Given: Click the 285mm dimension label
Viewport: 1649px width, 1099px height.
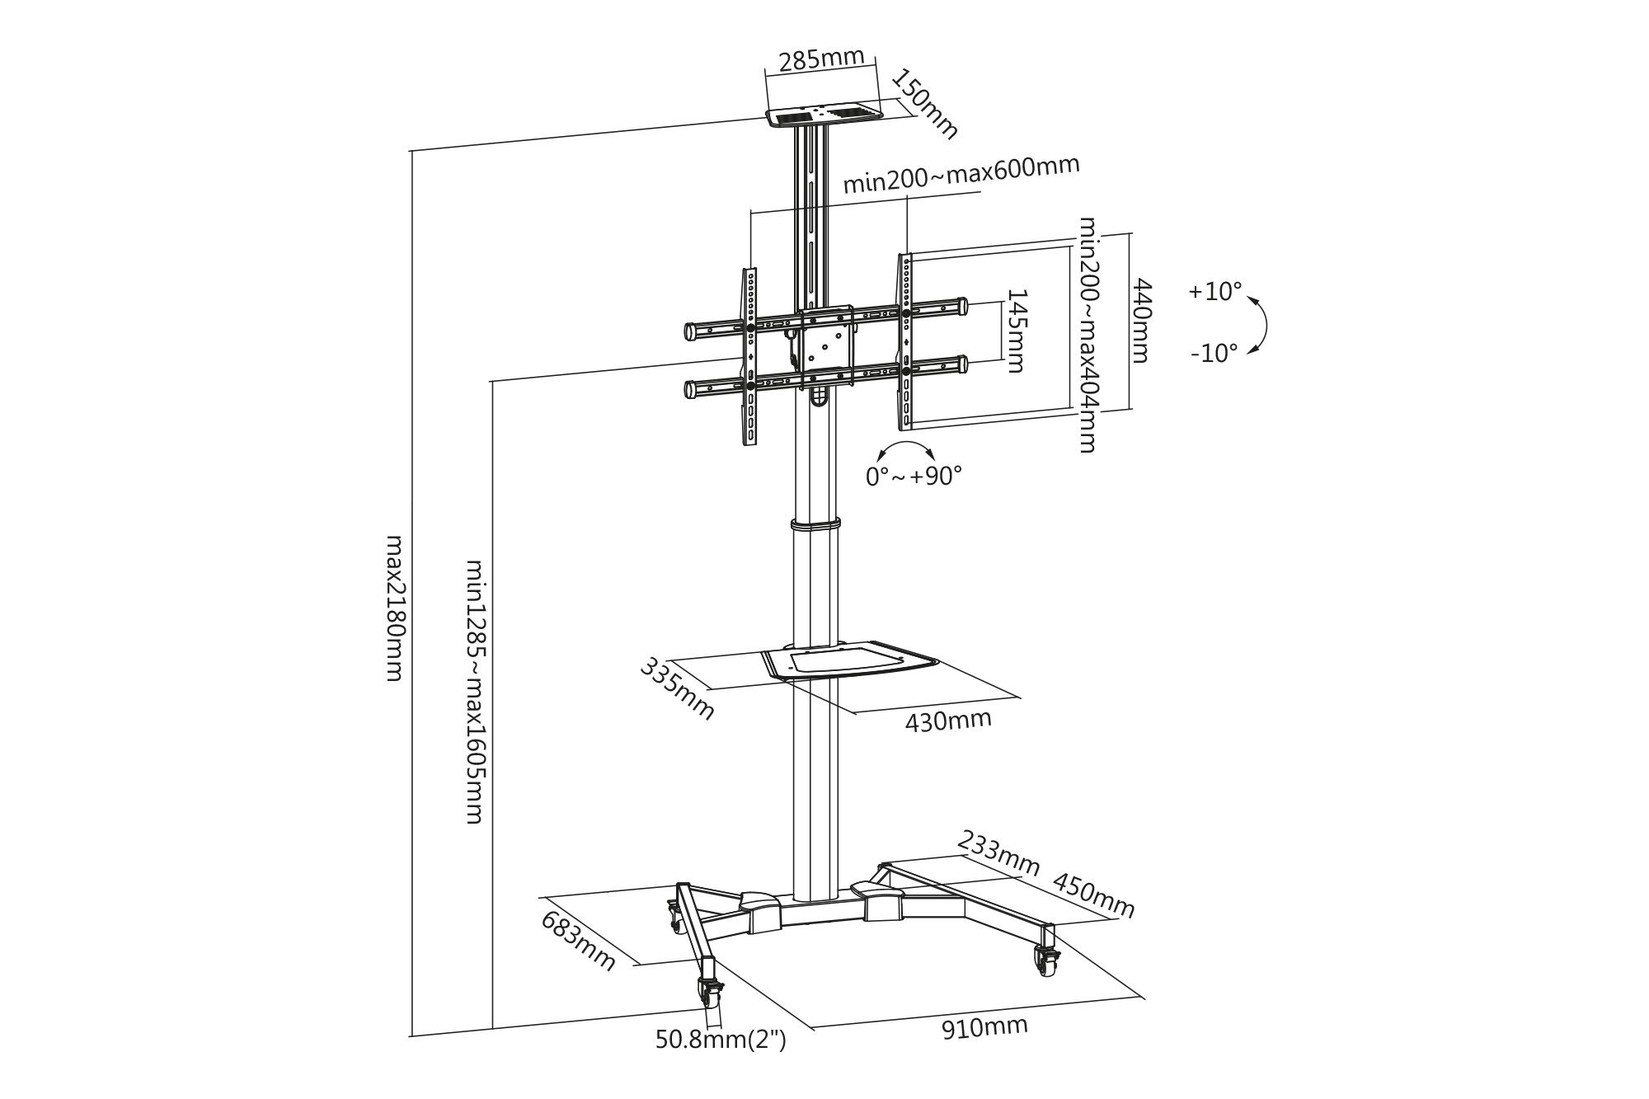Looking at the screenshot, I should (821, 59).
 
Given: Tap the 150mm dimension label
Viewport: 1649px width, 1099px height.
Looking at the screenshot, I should (926, 103).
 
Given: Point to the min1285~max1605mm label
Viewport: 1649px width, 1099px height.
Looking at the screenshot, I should (476, 691).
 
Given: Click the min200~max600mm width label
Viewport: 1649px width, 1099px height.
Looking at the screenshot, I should (961, 175).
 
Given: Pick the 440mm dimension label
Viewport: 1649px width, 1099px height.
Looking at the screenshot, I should (1140, 320).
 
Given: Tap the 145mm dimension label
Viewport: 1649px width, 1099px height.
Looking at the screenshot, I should (1016, 331).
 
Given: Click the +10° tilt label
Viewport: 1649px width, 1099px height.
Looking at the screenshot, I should (1214, 292).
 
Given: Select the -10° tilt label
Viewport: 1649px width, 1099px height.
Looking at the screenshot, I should (1214, 354).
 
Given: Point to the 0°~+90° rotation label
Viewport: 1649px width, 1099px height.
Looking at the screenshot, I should (914, 476).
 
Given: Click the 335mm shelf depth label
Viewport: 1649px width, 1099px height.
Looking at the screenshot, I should (677, 688).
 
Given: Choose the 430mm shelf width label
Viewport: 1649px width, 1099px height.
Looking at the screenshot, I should (948, 721).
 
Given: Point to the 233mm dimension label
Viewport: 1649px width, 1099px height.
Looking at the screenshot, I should (997, 854).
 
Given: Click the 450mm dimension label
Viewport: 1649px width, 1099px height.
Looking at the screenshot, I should (1093, 895).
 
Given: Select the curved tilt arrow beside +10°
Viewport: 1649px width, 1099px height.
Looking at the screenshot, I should (1261, 324).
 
